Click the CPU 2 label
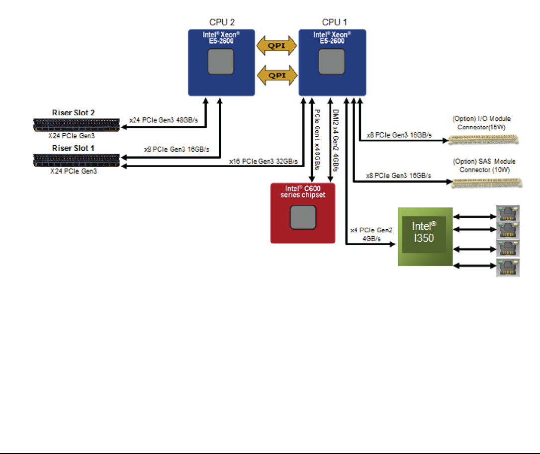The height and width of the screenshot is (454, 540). click(x=221, y=22)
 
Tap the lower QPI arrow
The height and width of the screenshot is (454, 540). click(x=276, y=75)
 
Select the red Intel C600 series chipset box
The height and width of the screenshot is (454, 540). click(x=303, y=213)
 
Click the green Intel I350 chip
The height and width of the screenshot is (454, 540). click(x=425, y=237)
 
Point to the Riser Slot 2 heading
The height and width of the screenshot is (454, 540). click(x=73, y=112)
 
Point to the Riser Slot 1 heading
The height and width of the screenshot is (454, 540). click(x=73, y=148)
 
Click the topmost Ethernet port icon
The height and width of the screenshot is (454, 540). click(x=508, y=214)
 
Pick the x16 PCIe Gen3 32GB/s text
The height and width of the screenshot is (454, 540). click(x=264, y=161)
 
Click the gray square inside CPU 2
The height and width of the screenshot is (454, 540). click(x=222, y=63)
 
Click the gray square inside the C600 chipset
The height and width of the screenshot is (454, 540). click(x=303, y=218)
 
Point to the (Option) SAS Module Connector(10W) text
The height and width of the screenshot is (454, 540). click(x=483, y=166)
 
